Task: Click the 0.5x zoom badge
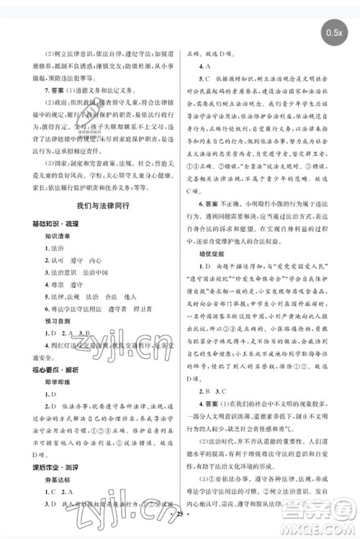[335, 32]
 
